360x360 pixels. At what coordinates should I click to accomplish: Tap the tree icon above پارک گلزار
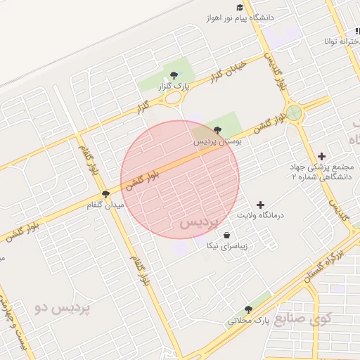point(173,75)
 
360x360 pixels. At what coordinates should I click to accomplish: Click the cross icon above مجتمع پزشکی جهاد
point(322,155)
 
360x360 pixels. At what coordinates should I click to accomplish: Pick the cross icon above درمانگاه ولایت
point(262,204)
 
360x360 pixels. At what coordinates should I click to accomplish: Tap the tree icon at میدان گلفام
point(105,193)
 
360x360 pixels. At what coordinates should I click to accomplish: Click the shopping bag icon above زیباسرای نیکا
point(226,235)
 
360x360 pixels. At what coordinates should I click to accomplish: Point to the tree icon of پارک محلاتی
point(247,309)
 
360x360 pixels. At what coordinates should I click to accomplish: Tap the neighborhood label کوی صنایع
point(300,320)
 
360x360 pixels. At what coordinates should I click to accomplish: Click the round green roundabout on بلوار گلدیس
point(294,112)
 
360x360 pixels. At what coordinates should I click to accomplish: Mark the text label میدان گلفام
point(105,205)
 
